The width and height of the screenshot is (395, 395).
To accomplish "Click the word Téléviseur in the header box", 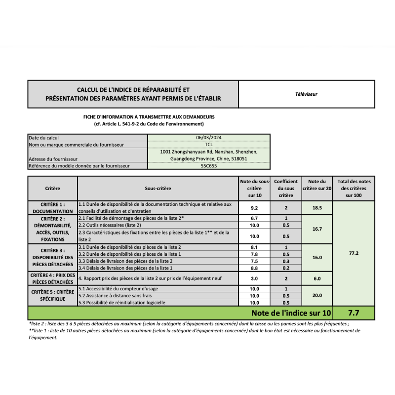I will click(306, 94).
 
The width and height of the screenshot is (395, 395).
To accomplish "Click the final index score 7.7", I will click(354, 313).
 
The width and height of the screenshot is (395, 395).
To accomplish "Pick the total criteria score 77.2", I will click(354, 253).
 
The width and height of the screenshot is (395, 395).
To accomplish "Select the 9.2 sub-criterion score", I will click(254, 208).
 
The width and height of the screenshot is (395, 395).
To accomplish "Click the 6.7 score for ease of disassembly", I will click(254, 218).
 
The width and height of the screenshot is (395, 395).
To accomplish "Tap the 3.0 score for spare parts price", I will click(254, 278).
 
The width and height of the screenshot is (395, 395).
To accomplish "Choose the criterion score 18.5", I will click(317, 208).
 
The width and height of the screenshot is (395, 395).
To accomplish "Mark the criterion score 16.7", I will click(317, 229).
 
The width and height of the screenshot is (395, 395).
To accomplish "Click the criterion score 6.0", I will click(317, 278).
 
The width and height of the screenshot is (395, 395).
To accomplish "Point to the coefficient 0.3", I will click(285, 261).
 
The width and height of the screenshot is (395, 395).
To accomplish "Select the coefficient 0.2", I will click(285, 268).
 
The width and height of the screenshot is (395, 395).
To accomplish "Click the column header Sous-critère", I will click(158, 189).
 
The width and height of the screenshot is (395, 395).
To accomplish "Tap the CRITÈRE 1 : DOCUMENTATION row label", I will click(52, 208).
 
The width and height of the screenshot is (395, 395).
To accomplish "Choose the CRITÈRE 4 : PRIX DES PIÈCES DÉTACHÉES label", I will click(52, 278).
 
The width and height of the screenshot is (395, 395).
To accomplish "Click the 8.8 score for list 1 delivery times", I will click(254, 268).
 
